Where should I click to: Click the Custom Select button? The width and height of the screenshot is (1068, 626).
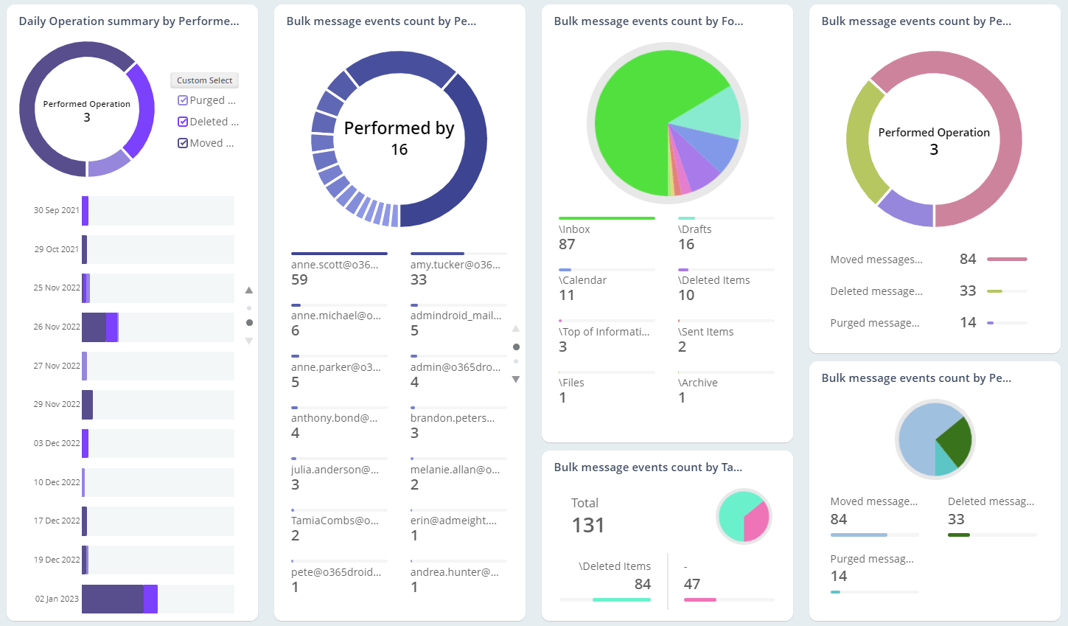(x=204, y=80)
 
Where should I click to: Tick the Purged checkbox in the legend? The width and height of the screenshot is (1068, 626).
(x=183, y=100)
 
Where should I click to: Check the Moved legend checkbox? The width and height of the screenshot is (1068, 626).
(x=183, y=143)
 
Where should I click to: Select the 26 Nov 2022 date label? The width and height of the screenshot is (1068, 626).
(x=57, y=327)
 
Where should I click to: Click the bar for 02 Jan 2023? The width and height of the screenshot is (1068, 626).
(x=119, y=599)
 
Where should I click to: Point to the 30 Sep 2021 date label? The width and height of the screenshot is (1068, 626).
(x=56, y=210)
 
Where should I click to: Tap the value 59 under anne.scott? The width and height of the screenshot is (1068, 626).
(x=299, y=279)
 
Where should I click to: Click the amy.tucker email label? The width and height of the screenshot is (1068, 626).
(x=455, y=265)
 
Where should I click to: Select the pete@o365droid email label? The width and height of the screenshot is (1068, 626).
(x=336, y=571)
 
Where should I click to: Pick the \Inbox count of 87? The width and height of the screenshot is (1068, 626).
(x=567, y=244)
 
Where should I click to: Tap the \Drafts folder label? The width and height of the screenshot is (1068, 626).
(x=694, y=229)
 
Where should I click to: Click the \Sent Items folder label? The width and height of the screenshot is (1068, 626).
(x=705, y=332)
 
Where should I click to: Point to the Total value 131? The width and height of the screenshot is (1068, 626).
(x=587, y=525)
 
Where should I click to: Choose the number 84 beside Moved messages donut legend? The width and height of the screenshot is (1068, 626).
(x=968, y=259)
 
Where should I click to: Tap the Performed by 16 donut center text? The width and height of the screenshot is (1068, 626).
(x=399, y=138)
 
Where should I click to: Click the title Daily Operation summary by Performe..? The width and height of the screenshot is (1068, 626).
(x=129, y=21)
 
